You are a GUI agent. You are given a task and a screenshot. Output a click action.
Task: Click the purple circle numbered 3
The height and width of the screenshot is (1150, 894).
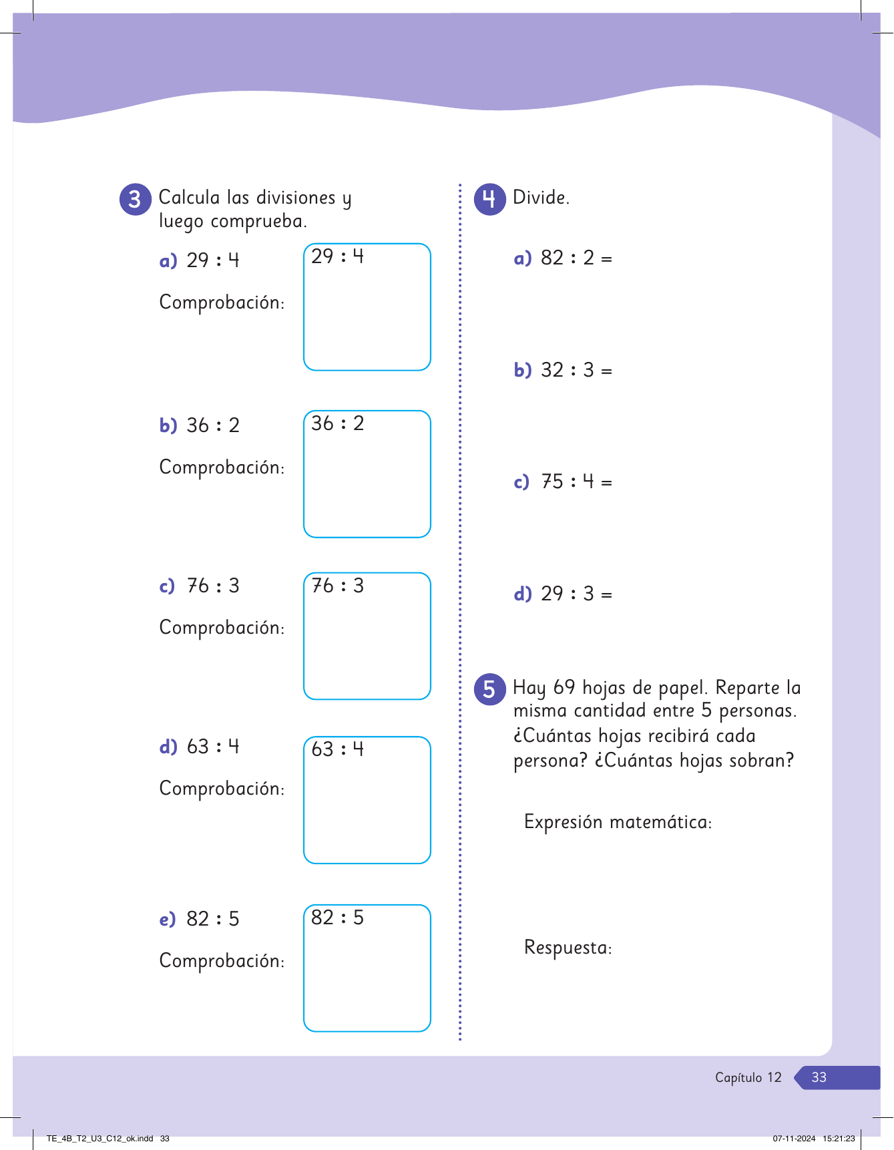pos(136,199)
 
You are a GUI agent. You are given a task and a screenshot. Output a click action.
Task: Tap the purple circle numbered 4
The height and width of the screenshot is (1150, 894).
pos(489,199)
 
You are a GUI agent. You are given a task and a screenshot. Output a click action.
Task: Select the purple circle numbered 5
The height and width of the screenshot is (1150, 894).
pos(489,689)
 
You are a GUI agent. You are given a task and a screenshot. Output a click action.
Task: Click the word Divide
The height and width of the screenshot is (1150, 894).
pos(541,198)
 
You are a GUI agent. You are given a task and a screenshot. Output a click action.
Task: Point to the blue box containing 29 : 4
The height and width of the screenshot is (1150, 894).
pos(367,307)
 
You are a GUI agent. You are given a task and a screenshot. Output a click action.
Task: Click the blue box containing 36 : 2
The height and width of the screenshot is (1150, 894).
pos(367,474)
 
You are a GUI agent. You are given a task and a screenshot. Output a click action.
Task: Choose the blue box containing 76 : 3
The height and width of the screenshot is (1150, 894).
pos(367,636)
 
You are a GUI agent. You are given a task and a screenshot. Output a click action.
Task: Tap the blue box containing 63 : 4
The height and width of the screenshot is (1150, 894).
pos(367,800)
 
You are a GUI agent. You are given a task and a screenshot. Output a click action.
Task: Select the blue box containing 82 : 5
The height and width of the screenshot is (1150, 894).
pos(367,968)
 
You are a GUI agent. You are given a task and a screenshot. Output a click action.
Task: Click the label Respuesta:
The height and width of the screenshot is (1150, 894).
pos(568,948)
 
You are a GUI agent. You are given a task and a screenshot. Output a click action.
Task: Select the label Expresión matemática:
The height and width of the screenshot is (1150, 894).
pos(618,822)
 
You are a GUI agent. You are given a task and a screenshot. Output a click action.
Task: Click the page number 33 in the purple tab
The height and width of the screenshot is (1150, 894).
pos(819,1077)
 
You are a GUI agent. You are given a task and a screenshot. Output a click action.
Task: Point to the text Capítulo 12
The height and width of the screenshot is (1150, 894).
pos(748,1077)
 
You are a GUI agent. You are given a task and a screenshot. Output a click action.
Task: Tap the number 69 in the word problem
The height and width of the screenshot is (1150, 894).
pos(564,687)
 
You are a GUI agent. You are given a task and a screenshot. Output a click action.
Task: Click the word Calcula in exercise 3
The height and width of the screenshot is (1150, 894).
pos(189,198)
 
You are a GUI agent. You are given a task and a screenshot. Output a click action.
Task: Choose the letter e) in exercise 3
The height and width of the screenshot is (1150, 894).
pos(167,920)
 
